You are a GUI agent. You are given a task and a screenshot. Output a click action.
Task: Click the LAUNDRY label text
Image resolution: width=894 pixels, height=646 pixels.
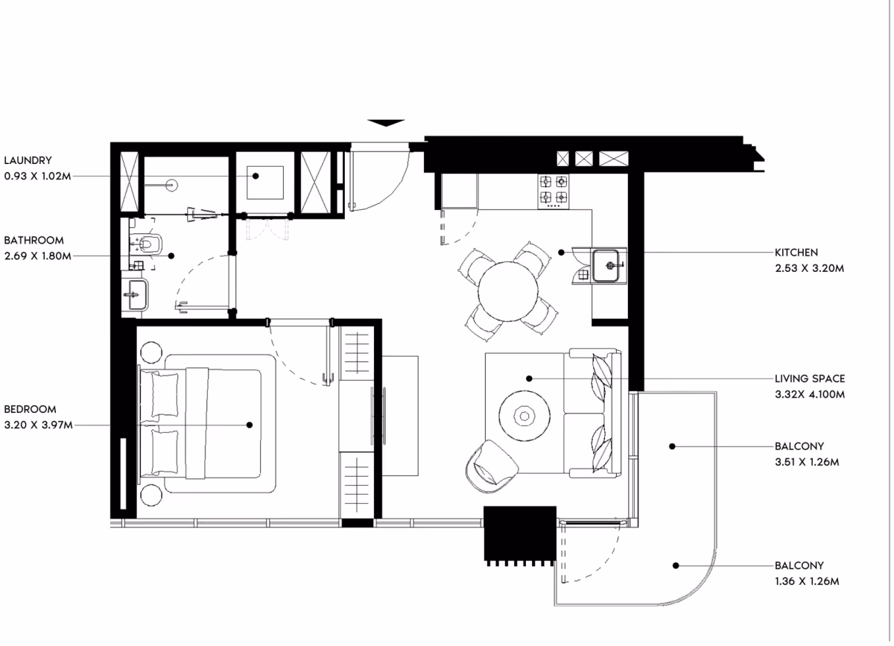(28, 160)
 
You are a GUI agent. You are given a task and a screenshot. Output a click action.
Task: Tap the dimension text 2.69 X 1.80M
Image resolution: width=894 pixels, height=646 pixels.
(38, 256)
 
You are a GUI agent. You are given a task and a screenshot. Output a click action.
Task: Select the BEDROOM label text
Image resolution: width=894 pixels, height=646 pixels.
(31, 409)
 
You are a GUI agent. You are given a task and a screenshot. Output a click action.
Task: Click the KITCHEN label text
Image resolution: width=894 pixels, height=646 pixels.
(796, 253)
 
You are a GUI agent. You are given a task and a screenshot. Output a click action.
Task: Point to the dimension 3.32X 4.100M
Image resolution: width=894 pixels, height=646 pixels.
(810, 394)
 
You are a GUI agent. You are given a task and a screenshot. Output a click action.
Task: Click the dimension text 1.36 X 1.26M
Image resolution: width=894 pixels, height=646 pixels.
(807, 581)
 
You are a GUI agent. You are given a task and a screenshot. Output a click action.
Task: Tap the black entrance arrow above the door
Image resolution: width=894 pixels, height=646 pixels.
(386, 123)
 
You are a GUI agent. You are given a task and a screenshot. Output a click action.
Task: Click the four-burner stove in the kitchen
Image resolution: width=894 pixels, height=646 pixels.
(553, 191)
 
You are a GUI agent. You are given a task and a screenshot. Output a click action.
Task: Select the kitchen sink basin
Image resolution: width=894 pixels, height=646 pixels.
(606, 265)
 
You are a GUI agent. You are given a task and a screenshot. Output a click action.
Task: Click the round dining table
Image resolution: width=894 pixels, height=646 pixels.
(507, 291)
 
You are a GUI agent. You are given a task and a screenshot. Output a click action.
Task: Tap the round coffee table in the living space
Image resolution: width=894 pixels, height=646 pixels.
(524, 416)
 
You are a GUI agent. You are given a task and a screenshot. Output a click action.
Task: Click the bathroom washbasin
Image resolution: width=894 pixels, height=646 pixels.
(136, 294)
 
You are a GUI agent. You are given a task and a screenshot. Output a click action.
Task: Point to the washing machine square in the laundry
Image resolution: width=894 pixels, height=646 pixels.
(265, 183)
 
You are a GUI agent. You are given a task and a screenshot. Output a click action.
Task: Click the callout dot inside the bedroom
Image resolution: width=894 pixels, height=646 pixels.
(250, 425)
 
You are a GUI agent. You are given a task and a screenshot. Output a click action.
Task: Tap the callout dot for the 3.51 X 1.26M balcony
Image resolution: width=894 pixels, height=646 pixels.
(672, 446)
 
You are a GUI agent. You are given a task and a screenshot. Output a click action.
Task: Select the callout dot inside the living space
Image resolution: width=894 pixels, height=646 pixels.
(529, 379)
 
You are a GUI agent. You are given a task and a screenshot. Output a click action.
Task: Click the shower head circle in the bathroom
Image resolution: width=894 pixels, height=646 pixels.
(172, 186)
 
